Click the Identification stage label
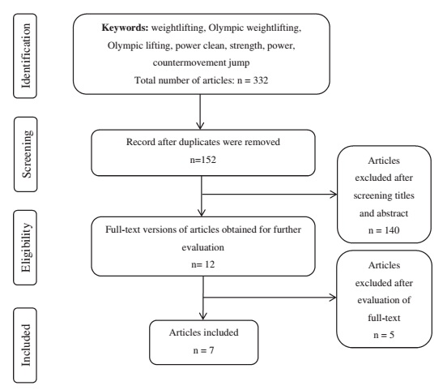click(26, 56)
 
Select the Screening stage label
click(27, 154)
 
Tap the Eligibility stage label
click(26, 247)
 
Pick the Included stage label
click(26, 345)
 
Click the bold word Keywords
click(126, 28)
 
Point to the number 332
click(261, 80)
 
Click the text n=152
click(203, 160)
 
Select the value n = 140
click(384, 230)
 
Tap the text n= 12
click(203, 264)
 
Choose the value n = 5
click(384, 335)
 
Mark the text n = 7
click(203, 350)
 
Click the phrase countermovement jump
click(201, 62)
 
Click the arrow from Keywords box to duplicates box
click(200, 112)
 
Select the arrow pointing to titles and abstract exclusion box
click(270, 195)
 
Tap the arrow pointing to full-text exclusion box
click(270, 298)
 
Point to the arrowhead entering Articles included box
click(203, 316)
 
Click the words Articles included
click(204, 332)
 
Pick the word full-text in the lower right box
click(384, 318)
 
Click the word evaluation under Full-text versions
click(203, 247)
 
